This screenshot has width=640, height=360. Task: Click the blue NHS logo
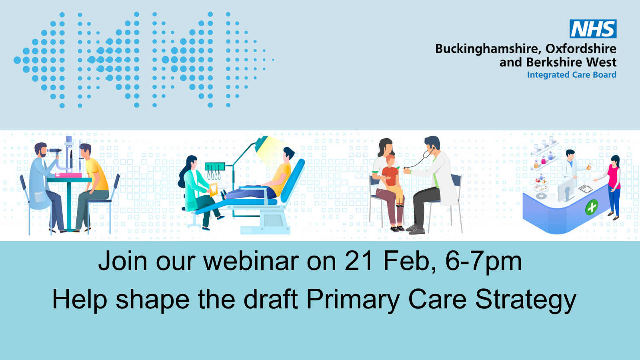tap(593, 29)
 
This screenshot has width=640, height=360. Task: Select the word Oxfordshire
tap(581, 48)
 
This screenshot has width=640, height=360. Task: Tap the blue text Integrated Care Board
tap(572, 75)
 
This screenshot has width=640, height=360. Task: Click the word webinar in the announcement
tap(251, 261)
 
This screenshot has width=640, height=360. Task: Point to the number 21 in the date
tap(359, 261)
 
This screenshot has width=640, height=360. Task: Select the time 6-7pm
tap(484, 263)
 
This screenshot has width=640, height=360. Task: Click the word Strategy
tap(526, 300)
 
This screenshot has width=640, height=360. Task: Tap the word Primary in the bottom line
tap(352, 300)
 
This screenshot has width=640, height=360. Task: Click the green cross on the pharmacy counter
tap(592, 207)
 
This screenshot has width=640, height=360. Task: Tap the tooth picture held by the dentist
tap(214, 190)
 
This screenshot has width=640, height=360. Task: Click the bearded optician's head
tap(40, 150)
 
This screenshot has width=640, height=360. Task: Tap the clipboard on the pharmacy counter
tap(586, 188)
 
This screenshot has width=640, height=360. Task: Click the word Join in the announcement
tap(123, 261)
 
